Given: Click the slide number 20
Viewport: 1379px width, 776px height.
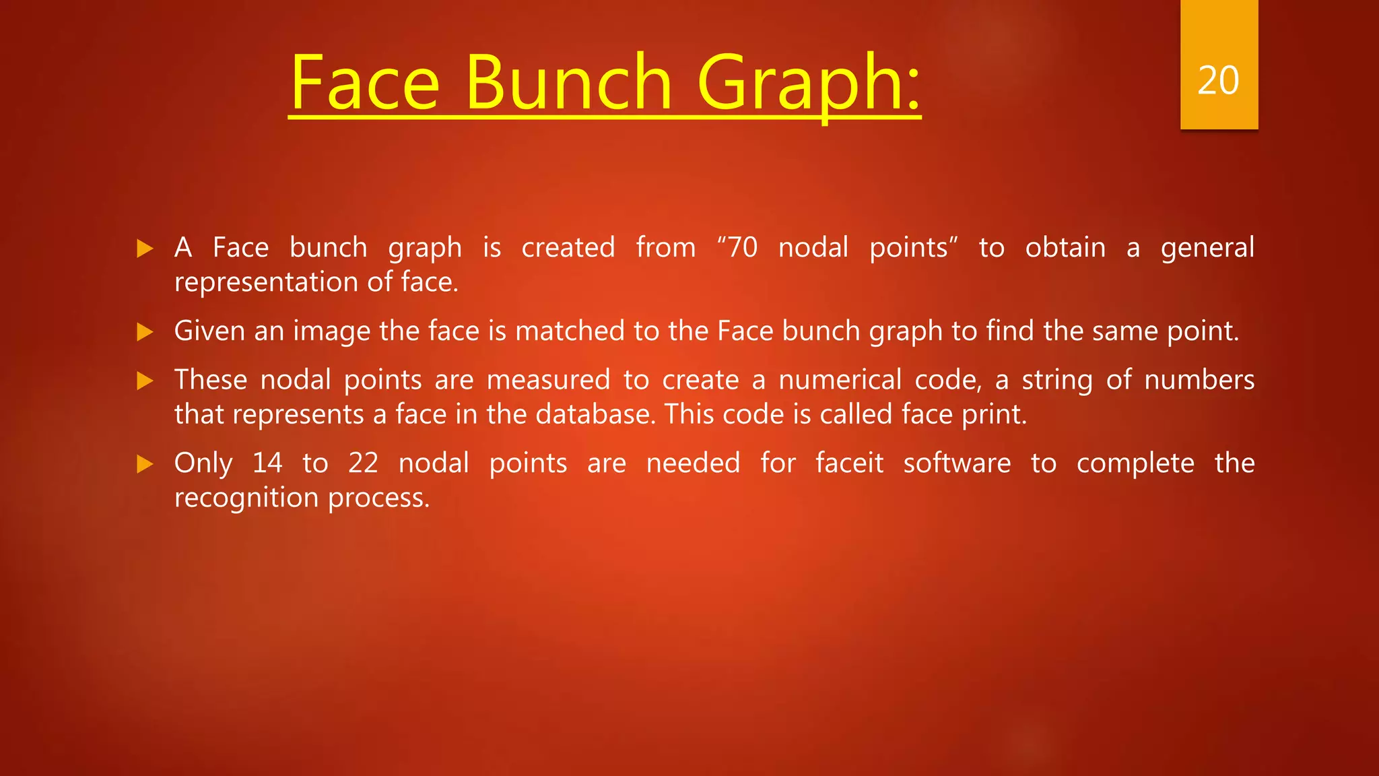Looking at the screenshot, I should click(x=1218, y=81).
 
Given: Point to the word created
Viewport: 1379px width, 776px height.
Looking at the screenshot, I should click(x=568, y=247).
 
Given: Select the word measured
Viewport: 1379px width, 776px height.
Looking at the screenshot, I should click(x=548, y=380).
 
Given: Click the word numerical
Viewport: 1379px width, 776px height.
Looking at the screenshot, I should click(x=840, y=380).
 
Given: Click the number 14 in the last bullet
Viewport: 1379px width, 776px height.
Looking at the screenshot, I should click(x=267, y=463).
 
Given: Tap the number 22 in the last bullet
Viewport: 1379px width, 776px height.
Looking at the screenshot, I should click(x=363, y=463).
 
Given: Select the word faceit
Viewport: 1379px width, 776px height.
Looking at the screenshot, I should click(x=849, y=463).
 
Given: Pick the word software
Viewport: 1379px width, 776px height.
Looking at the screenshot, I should click(x=957, y=463).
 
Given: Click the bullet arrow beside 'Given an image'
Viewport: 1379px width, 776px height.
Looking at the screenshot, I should click(x=145, y=331).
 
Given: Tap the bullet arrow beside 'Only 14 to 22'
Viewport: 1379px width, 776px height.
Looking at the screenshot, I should click(x=145, y=463).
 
